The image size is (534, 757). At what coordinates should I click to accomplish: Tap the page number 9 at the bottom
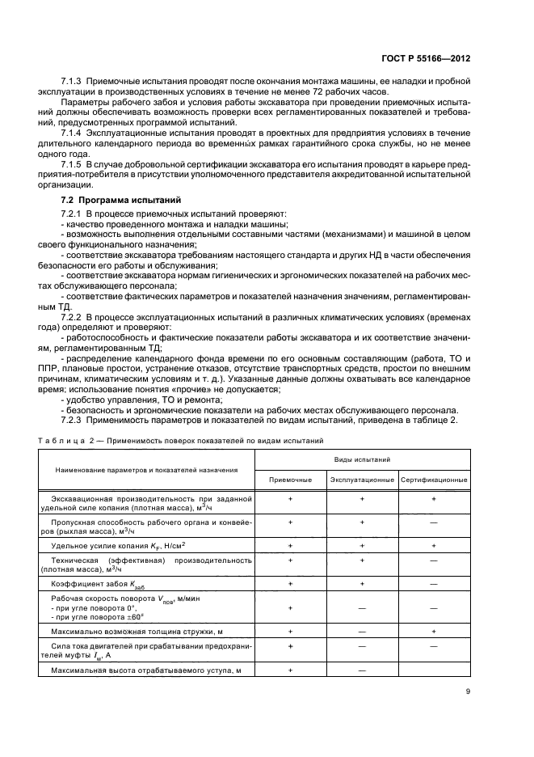coord(469,691)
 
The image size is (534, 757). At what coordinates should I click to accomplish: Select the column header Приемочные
coord(290,480)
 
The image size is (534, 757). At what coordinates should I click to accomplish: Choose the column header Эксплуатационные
coord(362,480)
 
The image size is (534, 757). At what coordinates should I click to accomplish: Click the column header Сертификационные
coord(434,480)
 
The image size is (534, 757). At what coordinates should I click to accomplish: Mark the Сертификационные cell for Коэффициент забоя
coord(434,582)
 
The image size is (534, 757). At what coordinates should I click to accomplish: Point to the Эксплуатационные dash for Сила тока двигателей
coord(362,646)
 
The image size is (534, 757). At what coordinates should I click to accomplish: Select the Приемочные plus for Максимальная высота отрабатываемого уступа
coord(290,670)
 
